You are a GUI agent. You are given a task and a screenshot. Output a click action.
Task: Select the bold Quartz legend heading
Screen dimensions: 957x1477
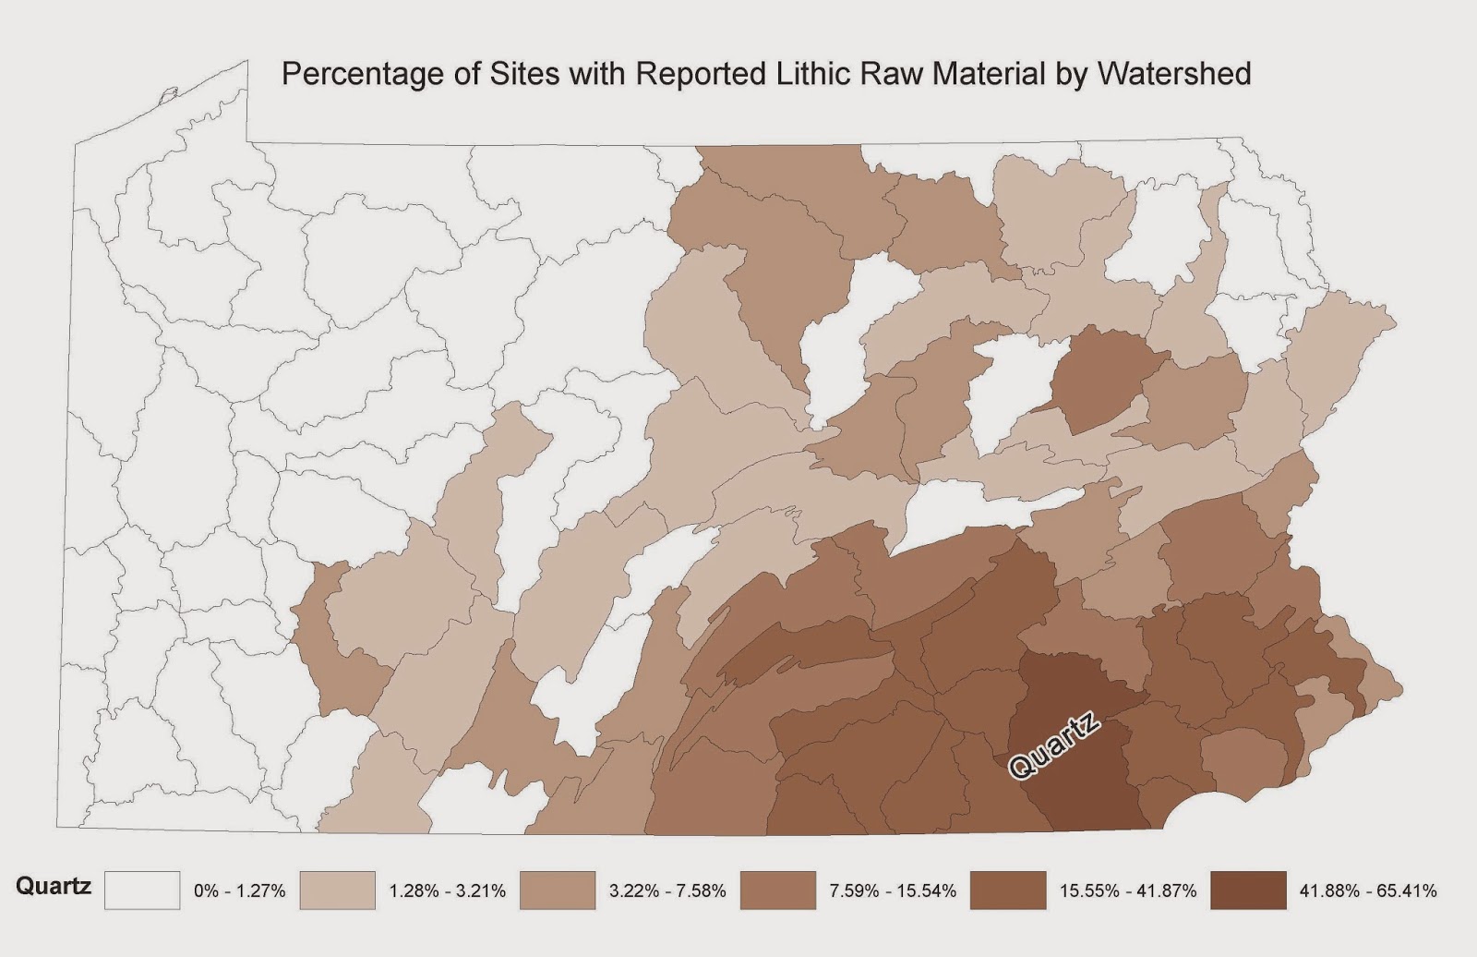tap(54, 886)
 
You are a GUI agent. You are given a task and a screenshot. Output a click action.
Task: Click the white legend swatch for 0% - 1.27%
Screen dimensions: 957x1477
tap(141, 890)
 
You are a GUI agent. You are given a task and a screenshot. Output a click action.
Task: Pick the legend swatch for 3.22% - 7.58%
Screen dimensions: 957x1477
tap(558, 890)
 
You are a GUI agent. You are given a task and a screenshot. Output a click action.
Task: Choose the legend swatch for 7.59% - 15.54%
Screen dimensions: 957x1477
tap(779, 890)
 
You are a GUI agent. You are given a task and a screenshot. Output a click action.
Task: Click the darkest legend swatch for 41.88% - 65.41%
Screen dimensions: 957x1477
tap(1248, 890)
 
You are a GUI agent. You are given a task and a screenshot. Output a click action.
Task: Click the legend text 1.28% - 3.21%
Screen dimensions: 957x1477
tap(447, 891)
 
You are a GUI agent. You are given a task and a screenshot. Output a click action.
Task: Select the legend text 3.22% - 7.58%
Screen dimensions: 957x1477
tap(668, 891)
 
